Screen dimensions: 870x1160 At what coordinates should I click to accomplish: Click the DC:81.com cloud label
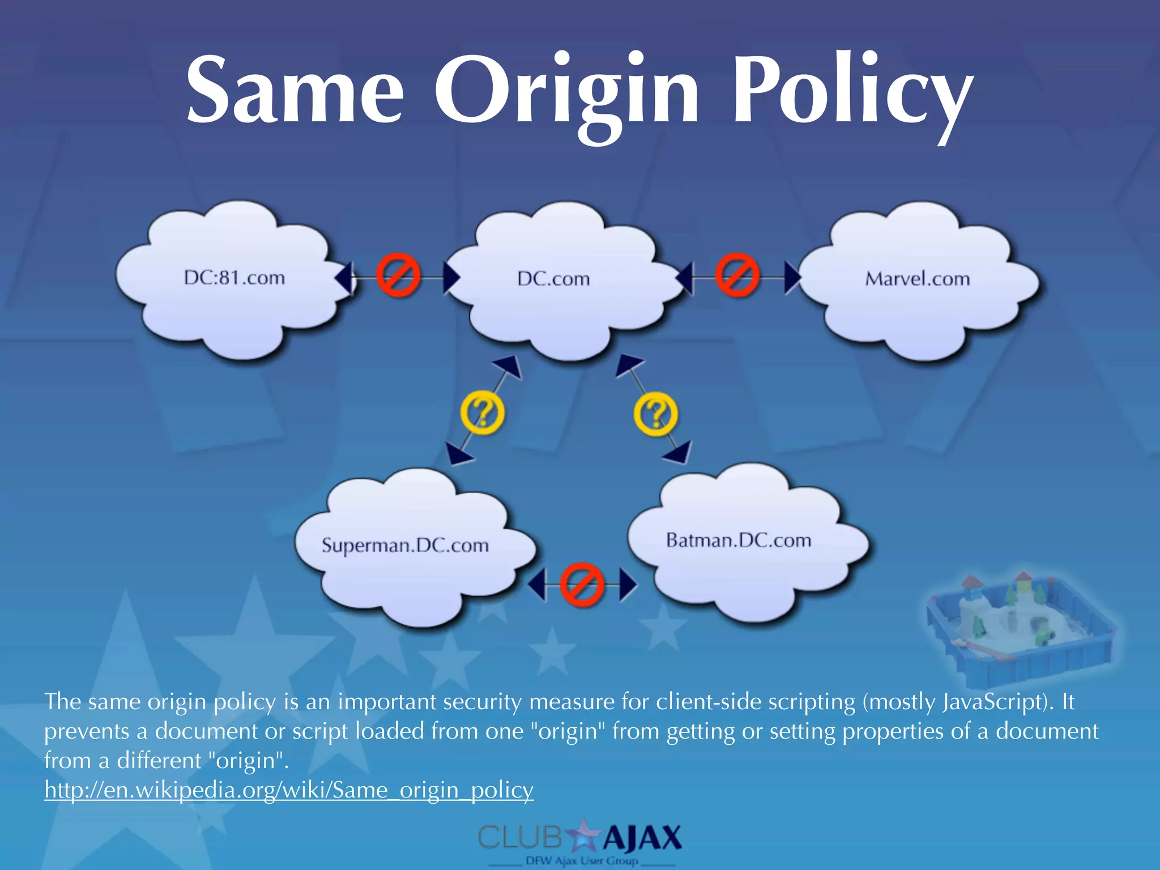tap(234, 278)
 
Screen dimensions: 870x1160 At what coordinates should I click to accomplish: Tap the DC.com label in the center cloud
tap(553, 279)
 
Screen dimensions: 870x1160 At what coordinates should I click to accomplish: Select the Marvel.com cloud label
tap(917, 279)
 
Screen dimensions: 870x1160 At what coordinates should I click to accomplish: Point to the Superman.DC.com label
tap(405, 545)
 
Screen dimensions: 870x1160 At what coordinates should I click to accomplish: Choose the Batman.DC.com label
tap(739, 540)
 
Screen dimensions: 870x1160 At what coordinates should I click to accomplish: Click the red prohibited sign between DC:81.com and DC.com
tap(399, 275)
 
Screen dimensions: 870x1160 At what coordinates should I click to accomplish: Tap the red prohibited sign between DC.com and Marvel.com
tap(737, 275)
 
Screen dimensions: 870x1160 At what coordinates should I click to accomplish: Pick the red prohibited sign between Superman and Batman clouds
tap(582, 584)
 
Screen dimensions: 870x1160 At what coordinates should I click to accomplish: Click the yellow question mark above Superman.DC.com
tap(482, 413)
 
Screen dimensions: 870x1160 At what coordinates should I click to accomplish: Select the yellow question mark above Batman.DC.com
tap(655, 414)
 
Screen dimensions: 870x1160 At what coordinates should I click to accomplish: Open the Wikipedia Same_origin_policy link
tap(289, 790)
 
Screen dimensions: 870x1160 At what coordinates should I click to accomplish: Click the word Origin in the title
tap(566, 91)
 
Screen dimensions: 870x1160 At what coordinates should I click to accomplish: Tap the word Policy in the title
tap(852, 91)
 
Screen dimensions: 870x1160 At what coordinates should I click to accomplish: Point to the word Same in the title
tap(295, 91)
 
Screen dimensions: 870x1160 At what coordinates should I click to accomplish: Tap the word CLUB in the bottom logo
tap(520, 838)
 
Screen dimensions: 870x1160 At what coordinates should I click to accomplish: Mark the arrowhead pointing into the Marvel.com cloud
tap(791, 278)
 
